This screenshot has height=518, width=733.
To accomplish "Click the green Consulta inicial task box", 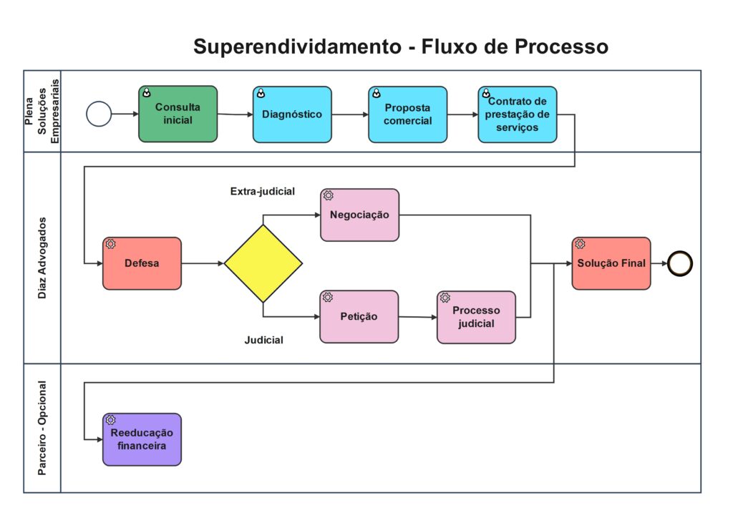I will [x=178, y=114].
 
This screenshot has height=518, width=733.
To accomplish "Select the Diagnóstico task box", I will [x=292, y=114].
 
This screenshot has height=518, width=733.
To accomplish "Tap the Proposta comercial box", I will [x=408, y=114].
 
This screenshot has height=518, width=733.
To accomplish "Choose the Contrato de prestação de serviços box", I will [x=518, y=114].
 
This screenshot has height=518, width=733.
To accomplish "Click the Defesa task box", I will [x=142, y=263].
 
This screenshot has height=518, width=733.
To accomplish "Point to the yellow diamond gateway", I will [x=263, y=263].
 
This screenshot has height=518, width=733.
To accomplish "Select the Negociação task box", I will [x=359, y=215].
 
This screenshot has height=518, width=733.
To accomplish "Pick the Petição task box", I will [x=359, y=316].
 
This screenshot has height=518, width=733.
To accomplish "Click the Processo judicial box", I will [x=476, y=317].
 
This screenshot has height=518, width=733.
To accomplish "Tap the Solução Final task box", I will [x=611, y=263].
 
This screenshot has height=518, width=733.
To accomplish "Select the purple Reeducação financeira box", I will [x=142, y=439].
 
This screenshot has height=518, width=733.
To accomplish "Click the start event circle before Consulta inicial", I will [x=99, y=114].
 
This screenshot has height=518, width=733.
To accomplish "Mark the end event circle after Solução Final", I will [x=680, y=263].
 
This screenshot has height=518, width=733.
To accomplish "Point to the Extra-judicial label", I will [x=263, y=191].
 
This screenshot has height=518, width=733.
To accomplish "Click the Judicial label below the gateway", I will [x=263, y=340].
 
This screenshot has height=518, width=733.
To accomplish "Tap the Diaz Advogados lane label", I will [x=42, y=258].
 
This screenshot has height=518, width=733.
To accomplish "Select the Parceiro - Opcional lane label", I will [x=42, y=428].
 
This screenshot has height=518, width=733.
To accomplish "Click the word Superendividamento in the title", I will [x=297, y=47].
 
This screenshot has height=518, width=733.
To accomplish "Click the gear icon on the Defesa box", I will [x=111, y=244].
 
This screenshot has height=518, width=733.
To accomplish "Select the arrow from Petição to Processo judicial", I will [x=417, y=317].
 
